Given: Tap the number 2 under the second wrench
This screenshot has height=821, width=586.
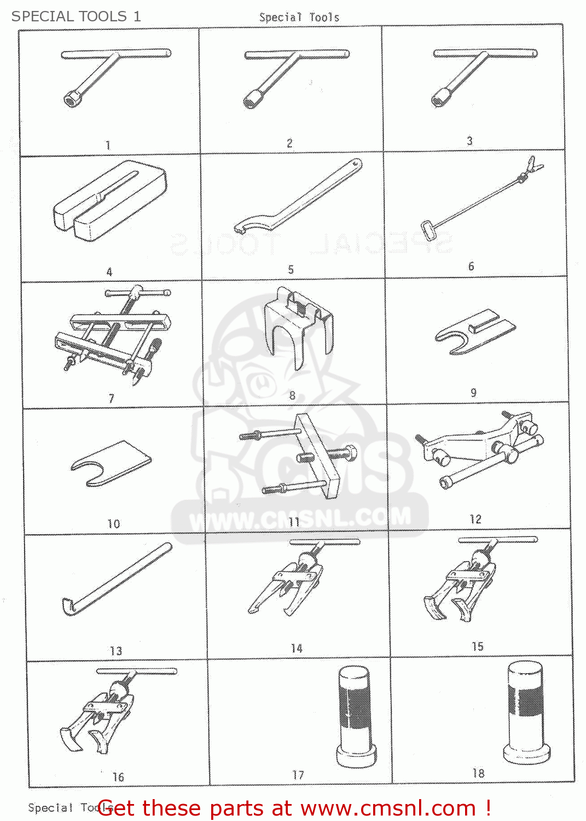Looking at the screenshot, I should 289,143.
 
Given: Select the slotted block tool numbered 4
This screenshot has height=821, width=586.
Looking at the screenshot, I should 109,201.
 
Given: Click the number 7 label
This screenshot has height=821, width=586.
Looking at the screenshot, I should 112,398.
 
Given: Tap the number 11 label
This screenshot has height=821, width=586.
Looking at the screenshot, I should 294,522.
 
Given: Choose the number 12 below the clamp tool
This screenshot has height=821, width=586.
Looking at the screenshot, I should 475,519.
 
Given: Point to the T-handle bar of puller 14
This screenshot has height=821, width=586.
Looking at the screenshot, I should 324,542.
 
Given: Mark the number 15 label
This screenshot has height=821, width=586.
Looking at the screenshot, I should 478,646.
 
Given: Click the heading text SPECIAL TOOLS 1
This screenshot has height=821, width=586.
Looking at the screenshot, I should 76,16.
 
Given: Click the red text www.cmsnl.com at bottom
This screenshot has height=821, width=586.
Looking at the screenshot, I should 388,808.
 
